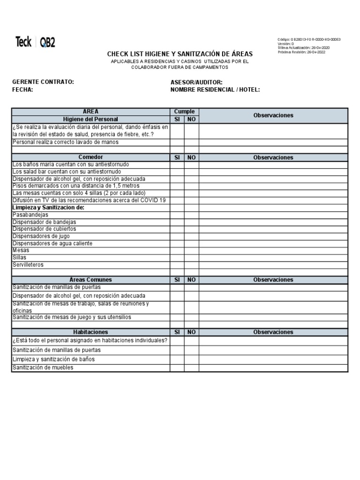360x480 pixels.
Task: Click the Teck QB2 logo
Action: tap(35, 42)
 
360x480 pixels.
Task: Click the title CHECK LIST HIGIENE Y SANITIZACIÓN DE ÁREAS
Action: tap(180, 54)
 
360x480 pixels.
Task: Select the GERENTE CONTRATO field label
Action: tap(43, 82)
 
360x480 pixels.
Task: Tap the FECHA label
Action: tap(22, 90)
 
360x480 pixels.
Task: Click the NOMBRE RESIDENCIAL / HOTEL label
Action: tap(215, 90)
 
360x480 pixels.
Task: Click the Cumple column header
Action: tap(184, 112)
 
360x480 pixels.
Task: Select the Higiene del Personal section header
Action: tap(90, 120)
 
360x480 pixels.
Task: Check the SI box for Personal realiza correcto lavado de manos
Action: tap(177, 142)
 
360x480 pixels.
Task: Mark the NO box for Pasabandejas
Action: tap(191, 215)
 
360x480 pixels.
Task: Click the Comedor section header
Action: tap(90, 157)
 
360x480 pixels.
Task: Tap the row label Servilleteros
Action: tap(28, 265)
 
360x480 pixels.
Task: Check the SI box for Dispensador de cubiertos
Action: tap(177, 229)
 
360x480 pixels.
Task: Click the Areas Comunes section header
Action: tap(90, 280)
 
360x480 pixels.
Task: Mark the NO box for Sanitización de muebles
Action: tap(191, 368)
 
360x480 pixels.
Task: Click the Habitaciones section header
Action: tap(90, 332)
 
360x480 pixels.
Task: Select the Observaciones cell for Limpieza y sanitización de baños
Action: tap(273, 359)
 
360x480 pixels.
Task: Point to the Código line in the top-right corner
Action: tap(309, 39)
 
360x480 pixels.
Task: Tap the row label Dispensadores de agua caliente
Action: tap(52, 243)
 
